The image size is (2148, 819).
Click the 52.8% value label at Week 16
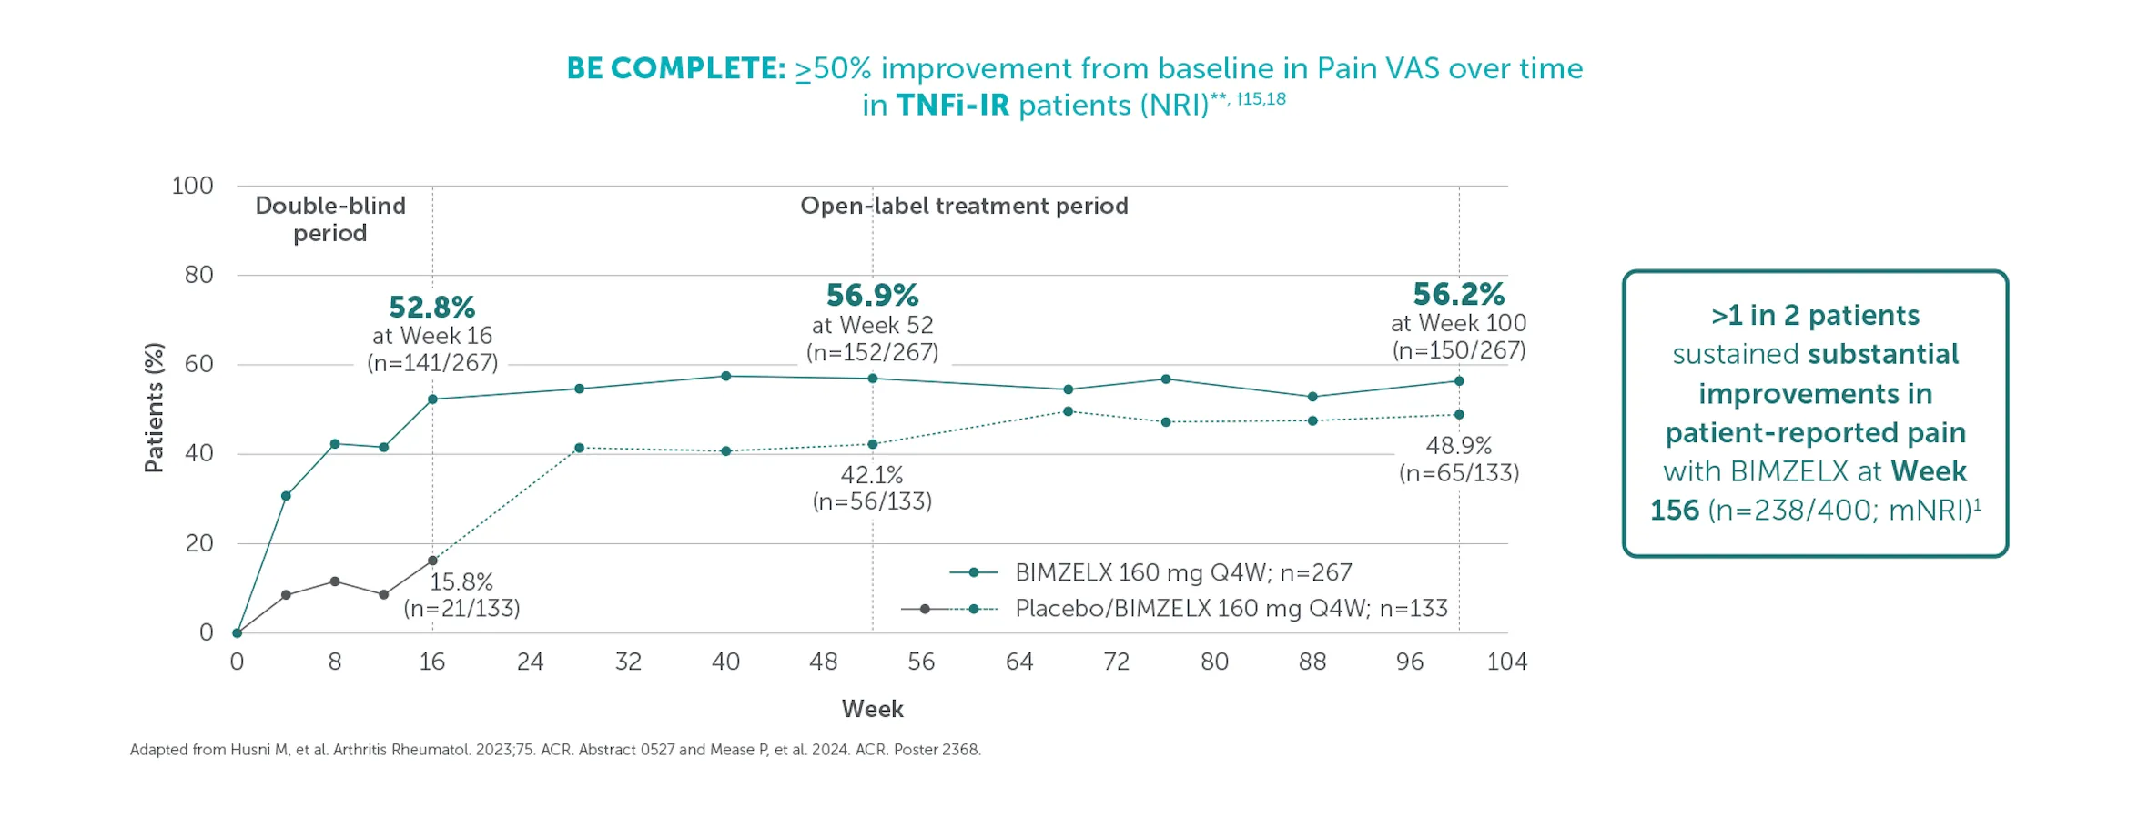[x=431, y=308]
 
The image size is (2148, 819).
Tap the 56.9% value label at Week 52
[x=872, y=296]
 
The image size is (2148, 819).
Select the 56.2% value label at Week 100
[x=1458, y=295]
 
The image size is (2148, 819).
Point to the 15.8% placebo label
[x=461, y=582]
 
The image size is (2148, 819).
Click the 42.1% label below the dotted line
[x=871, y=475]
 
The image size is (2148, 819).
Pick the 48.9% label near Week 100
[x=1458, y=446]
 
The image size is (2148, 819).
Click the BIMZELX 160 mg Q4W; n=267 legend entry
[x=1182, y=572]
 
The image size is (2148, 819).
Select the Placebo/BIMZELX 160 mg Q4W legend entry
[x=1231, y=609]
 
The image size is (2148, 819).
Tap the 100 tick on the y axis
[x=192, y=187]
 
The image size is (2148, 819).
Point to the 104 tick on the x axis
[x=1506, y=662]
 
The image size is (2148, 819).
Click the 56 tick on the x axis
[x=921, y=662]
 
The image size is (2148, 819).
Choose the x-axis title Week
[x=872, y=710]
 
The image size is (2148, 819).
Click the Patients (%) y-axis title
[x=155, y=408]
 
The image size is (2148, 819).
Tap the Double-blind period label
[x=330, y=219]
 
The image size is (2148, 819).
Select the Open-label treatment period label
[x=964, y=207]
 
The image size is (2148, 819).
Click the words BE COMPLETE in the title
[x=675, y=69]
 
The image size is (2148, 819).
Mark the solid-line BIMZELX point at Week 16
[x=432, y=399]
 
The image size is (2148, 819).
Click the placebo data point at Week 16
[x=432, y=561]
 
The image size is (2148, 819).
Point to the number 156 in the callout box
[x=1674, y=511]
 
